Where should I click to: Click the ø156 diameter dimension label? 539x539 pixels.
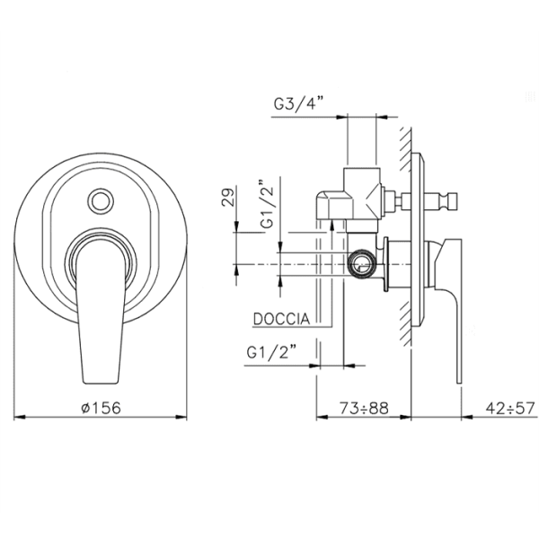click(102, 408)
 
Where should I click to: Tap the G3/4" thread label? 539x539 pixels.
click(299, 103)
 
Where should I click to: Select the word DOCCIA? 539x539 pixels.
click(281, 319)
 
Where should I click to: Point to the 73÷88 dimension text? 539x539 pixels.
click(364, 408)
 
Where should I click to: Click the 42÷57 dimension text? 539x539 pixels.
click(510, 408)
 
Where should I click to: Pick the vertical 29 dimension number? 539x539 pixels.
click(228, 196)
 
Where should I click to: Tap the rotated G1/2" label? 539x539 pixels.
click(267, 204)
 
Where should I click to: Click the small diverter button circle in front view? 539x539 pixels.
click(101, 199)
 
